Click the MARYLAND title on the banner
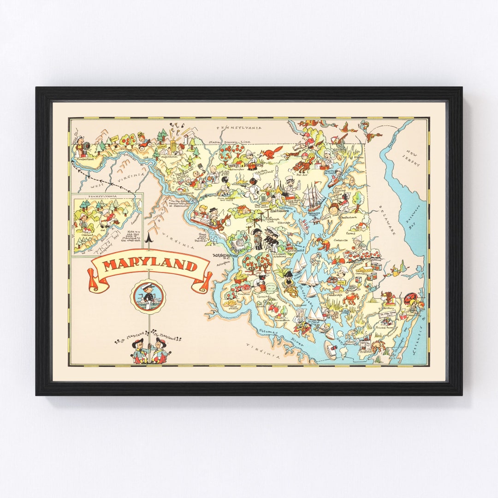tap(150, 266)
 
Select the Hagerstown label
tap(168, 156)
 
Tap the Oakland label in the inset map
tap(87, 234)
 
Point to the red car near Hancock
tap(147, 143)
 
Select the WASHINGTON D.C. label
tap(224, 255)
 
